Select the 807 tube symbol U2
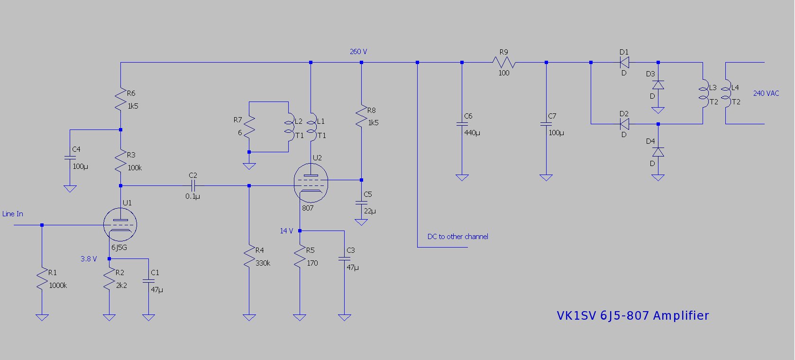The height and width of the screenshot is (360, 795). pyautogui.click(x=311, y=183)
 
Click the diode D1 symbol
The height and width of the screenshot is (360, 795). pyautogui.click(x=624, y=62)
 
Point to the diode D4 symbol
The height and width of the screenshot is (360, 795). pyautogui.click(x=658, y=152)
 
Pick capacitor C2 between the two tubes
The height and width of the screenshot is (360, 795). pyautogui.click(x=193, y=185)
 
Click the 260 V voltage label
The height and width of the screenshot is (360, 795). pyautogui.click(x=358, y=51)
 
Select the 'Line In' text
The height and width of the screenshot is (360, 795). pyautogui.click(x=13, y=214)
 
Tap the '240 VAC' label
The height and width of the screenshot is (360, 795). pyautogui.click(x=766, y=93)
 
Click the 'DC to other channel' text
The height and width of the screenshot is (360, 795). pyautogui.click(x=457, y=237)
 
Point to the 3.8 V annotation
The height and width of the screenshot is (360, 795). pyautogui.click(x=89, y=259)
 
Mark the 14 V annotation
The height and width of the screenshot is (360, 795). pyautogui.click(x=286, y=231)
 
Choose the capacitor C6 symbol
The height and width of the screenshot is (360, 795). pyautogui.click(x=462, y=124)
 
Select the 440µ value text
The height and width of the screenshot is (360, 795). pyautogui.click(x=472, y=133)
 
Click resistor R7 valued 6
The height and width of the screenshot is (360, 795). pyautogui.click(x=249, y=127)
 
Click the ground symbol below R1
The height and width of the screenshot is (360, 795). pyautogui.click(x=42, y=317)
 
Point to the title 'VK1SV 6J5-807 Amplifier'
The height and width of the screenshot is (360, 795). pyautogui.click(x=632, y=316)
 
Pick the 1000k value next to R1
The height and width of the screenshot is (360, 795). pyautogui.click(x=58, y=286)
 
